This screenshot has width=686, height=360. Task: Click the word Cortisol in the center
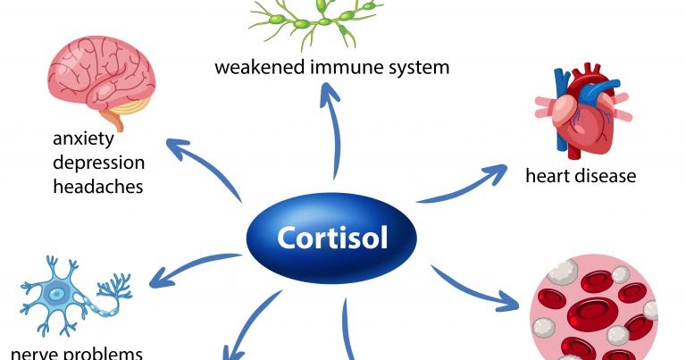pyautogui.click(x=332, y=239)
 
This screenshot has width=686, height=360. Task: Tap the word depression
pyautogui.click(x=97, y=163)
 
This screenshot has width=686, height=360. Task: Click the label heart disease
pyautogui.click(x=580, y=175)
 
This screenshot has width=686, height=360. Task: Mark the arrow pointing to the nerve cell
pyautogui.click(x=192, y=268)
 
